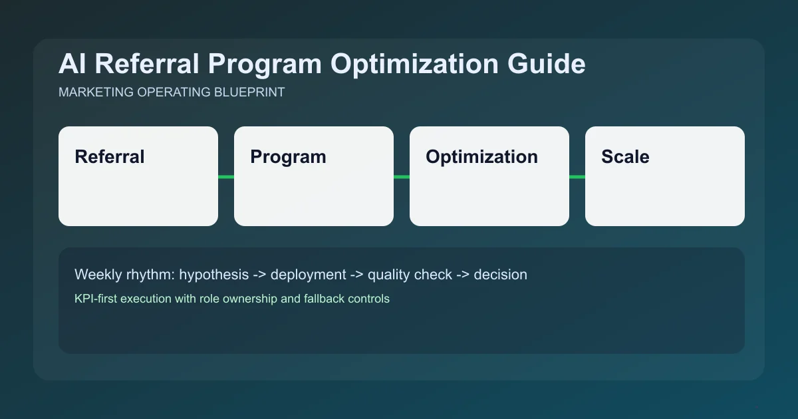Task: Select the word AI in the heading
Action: tap(72, 65)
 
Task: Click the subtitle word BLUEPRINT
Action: tap(251, 92)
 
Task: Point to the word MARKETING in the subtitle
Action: tap(94, 92)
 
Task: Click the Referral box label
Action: tap(109, 157)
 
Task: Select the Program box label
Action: tap(288, 157)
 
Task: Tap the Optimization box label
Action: tap(481, 157)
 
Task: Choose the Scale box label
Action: tap(625, 157)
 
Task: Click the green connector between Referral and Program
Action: tap(226, 176)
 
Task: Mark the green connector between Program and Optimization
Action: tap(402, 176)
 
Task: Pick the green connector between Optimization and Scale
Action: tap(577, 176)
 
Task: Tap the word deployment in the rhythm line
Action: tap(308, 275)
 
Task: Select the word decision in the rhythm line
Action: tap(500, 275)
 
